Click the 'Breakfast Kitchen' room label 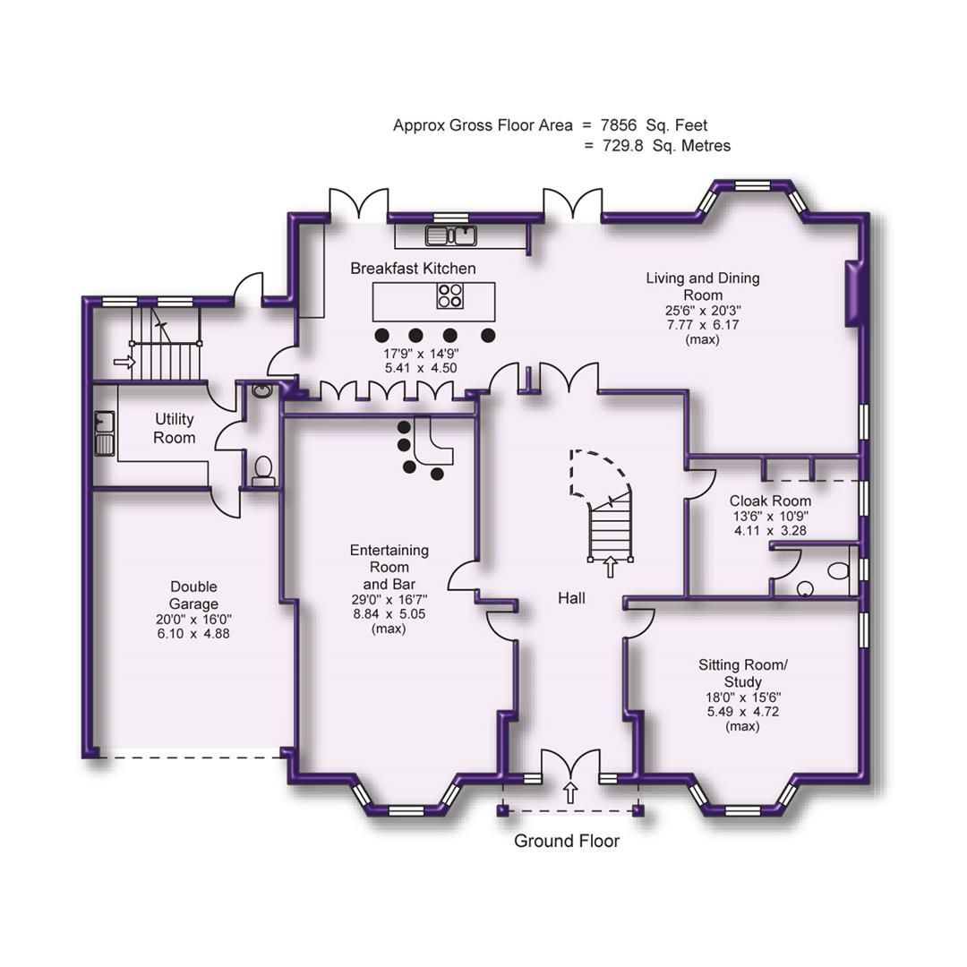pyautogui.click(x=413, y=269)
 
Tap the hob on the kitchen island pyautogui.click(x=450, y=295)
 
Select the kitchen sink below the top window pyautogui.click(x=451, y=235)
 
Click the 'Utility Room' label pyautogui.click(x=175, y=428)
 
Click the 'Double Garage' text pyautogui.click(x=193, y=595)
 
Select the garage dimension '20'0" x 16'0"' pyautogui.click(x=193, y=619)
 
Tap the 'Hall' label pyautogui.click(x=571, y=597)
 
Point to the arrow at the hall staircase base pyautogui.click(x=611, y=565)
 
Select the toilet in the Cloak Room pyautogui.click(x=837, y=569)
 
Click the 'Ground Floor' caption pyautogui.click(x=566, y=842)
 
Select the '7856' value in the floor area pyautogui.click(x=624, y=125)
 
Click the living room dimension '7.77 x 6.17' pyautogui.click(x=703, y=325)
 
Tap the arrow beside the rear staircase pyautogui.click(x=124, y=363)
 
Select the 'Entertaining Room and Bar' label pyautogui.click(x=389, y=567)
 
